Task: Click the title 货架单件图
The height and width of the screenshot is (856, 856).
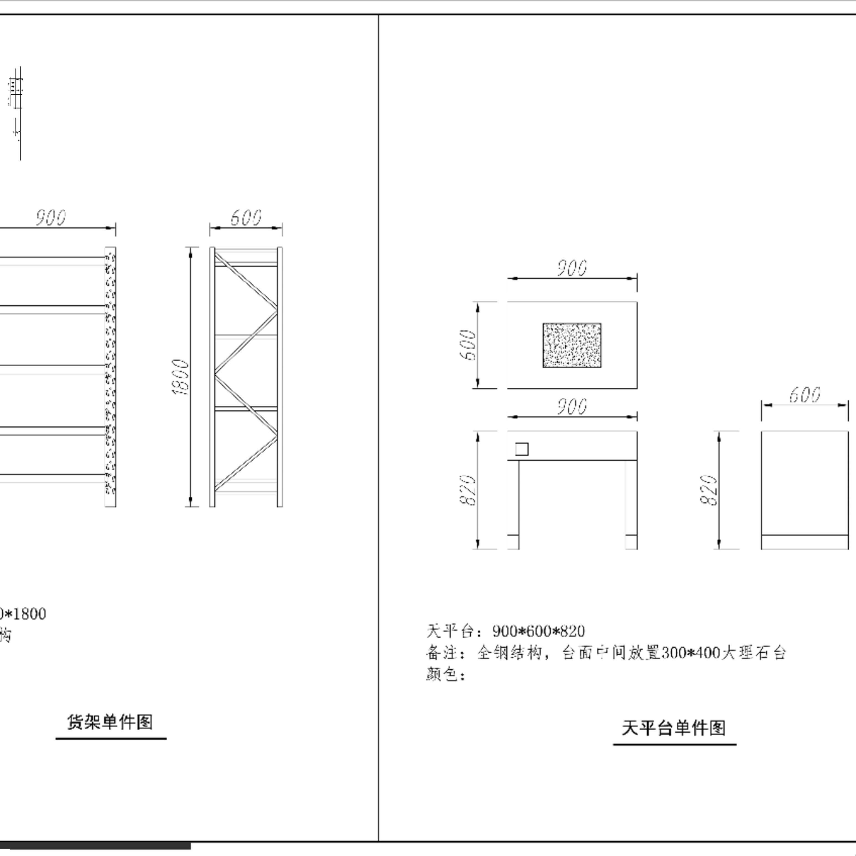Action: click(x=110, y=722)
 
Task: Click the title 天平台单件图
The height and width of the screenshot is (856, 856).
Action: click(x=674, y=728)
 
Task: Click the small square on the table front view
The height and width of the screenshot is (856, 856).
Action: click(x=522, y=449)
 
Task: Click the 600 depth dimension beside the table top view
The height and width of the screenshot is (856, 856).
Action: click(x=468, y=345)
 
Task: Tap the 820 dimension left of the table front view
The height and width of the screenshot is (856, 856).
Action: click(x=468, y=490)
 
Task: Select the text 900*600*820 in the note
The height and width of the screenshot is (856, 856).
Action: click(x=538, y=631)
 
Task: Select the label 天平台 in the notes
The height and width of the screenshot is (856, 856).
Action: click(x=450, y=631)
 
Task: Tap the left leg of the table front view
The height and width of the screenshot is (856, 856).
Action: click(x=514, y=505)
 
